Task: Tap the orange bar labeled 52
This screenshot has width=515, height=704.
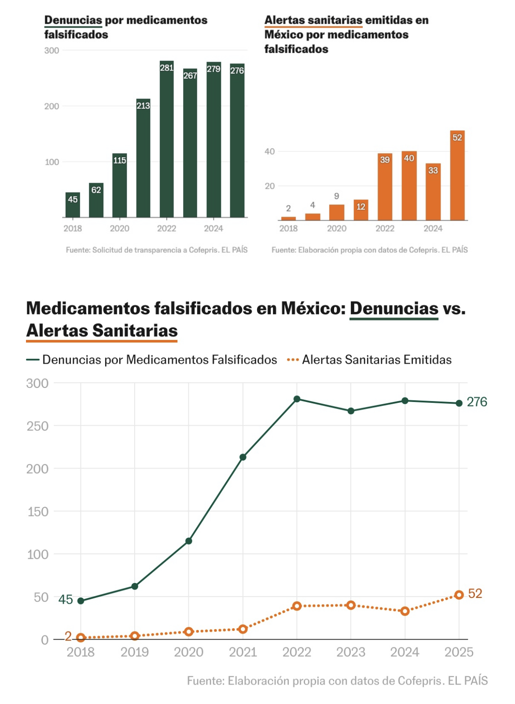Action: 457,176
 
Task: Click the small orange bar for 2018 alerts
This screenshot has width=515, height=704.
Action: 288,218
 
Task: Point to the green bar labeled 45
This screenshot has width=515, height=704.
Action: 73,206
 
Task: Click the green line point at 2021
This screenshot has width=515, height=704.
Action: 243,457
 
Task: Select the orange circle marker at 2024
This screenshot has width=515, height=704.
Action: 405,611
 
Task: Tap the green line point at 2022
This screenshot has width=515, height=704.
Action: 297,399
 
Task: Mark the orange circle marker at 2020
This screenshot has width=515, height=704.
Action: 189,632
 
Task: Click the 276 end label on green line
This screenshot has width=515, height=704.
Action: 477,402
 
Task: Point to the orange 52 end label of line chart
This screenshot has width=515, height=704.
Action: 475,593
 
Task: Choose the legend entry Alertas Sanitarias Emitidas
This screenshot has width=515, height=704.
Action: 376,360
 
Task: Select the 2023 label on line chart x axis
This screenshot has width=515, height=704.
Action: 351,652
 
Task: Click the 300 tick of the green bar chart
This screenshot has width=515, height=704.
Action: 51,51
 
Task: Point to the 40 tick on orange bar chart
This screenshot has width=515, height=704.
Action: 269,151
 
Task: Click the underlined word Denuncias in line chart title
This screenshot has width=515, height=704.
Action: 394,309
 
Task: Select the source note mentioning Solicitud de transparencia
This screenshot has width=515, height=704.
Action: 157,250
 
